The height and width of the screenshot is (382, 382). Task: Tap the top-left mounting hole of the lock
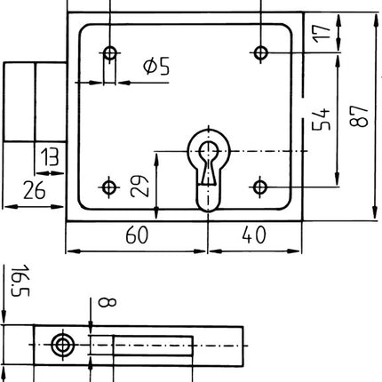pyautogui.click(x=109, y=53)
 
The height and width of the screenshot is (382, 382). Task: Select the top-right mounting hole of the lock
pyautogui.click(x=259, y=53)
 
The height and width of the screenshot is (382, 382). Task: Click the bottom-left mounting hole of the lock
pyautogui.click(x=109, y=187)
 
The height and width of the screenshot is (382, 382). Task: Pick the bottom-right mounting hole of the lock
pyautogui.click(x=259, y=187)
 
